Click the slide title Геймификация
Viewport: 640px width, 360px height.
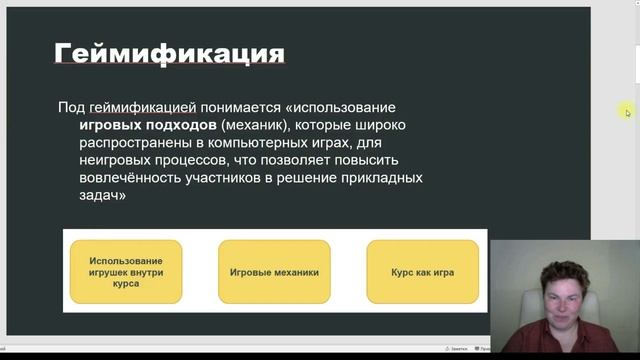point(168,52)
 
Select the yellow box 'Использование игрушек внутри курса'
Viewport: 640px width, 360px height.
point(126,271)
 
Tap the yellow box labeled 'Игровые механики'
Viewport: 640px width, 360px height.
point(274,271)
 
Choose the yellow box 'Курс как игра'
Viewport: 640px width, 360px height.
point(422,271)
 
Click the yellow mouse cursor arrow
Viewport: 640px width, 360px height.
point(628,112)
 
